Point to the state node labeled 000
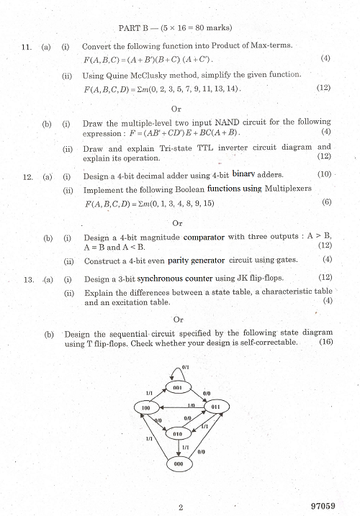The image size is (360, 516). coord(179,464)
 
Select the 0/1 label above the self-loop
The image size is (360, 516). coord(186,366)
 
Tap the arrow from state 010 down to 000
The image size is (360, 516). coord(179,448)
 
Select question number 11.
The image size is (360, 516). coord(27,46)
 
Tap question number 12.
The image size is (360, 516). coord(27,176)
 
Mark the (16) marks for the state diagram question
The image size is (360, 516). coord(324,343)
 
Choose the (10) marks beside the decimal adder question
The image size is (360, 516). coord(324,175)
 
